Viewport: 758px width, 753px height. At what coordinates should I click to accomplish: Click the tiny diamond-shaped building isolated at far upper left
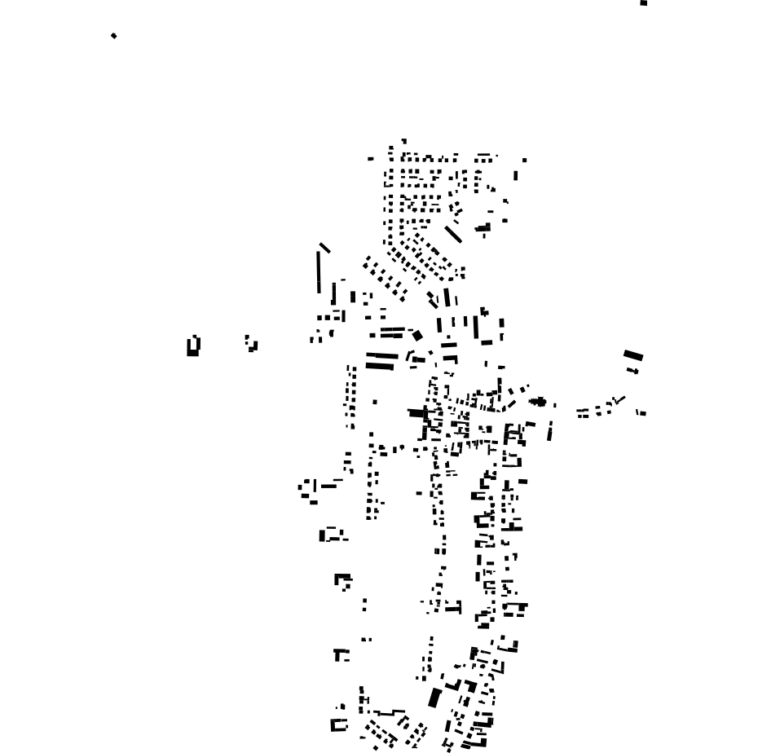pos(113,36)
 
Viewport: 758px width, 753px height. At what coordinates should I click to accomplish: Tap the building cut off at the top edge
pos(644,2)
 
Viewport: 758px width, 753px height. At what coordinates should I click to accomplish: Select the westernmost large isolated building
pos(193,346)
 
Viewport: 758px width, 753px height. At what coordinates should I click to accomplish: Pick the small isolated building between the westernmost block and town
pos(252,344)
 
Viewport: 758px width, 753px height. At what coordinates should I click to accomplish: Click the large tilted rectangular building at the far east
pos(633,355)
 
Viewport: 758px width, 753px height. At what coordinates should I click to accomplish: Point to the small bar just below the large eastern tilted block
pos(634,372)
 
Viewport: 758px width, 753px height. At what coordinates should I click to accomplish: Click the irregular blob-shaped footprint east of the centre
pos(538,401)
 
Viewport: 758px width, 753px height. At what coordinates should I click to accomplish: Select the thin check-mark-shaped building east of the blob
pos(619,400)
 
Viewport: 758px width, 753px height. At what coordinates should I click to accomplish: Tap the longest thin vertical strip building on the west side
pos(319,271)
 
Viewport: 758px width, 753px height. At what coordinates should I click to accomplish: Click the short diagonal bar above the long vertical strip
pos(324,247)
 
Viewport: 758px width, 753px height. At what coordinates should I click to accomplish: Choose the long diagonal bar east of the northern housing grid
pos(453,233)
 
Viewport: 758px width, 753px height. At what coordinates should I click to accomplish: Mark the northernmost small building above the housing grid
pos(403,141)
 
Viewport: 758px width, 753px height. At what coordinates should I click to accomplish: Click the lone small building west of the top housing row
pos(371,159)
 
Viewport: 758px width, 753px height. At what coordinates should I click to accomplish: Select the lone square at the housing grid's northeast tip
pos(524,160)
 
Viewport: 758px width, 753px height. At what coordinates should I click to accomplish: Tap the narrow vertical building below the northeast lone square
pos(515,175)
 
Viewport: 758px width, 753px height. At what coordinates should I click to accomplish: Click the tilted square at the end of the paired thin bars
pos(417,335)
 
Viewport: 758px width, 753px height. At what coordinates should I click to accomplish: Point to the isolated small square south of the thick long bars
pos(375,401)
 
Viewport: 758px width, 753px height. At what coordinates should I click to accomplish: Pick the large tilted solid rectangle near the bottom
pos(434,698)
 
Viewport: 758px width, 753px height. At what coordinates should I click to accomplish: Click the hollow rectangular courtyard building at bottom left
pos(338,724)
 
